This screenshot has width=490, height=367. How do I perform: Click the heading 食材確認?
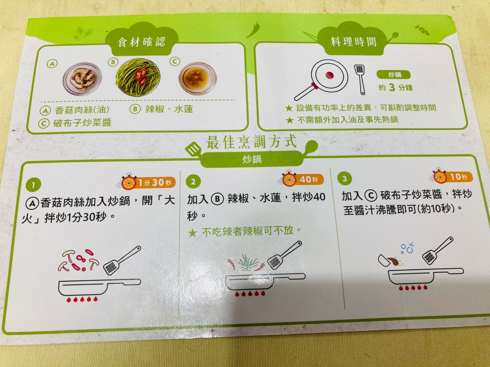tap(142, 42)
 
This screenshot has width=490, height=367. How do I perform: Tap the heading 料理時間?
tap(354, 42)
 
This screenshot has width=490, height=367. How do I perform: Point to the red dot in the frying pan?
tap(330, 76)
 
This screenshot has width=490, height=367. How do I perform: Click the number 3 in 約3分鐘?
tap(392, 87)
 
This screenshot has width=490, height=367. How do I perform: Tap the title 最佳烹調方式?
tap(252, 142)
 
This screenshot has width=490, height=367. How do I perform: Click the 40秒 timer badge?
tap(303, 179)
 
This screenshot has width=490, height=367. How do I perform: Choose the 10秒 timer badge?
tap(453, 177)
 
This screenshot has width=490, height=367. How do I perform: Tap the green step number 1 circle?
tap(33, 185)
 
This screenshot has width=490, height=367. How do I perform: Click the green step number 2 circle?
tap(193, 181)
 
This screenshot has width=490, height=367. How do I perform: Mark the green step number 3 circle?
tap(345, 178)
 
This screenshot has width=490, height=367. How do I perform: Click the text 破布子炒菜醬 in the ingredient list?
tap(82, 123)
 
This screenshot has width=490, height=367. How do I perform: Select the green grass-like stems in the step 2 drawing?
tap(248, 262)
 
